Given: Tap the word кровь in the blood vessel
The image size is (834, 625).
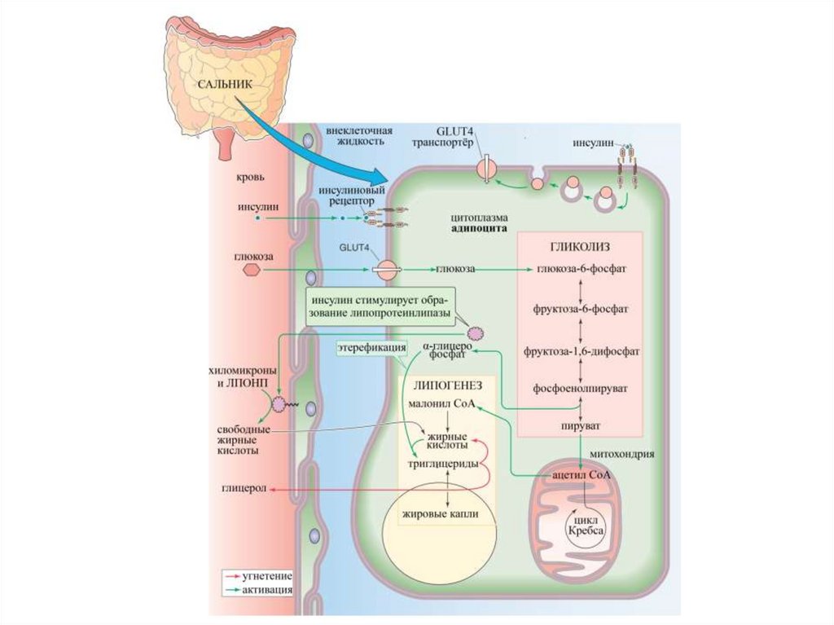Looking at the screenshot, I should pyautogui.click(x=250, y=176).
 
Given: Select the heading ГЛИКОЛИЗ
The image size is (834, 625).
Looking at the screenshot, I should pyautogui.click(x=581, y=246).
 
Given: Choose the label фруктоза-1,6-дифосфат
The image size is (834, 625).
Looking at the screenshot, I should pyautogui.click(x=580, y=352).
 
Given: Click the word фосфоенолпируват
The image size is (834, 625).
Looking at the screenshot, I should pyautogui.click(x=580, y=389).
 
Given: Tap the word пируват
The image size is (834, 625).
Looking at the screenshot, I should pyautogui.click(x=580, y=425).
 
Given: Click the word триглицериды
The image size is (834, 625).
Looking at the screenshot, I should pyautogui.click(x=442, y=464).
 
